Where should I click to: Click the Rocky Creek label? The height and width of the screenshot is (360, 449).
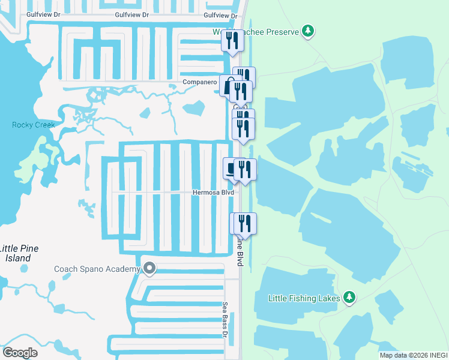point(34,125)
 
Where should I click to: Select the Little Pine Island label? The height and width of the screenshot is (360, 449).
point(16,253)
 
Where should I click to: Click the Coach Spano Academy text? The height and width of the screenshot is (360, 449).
point(97,269)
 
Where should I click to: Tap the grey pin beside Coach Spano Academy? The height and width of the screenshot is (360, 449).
point(149,269)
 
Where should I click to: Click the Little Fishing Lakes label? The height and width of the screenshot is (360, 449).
point(305,298)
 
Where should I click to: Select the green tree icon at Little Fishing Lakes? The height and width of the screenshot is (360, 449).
point(349,297)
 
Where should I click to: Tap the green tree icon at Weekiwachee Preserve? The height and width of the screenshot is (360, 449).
point(307,31)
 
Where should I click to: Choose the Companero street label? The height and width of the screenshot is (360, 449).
point(199,82)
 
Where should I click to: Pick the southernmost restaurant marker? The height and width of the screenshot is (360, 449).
point(244,224)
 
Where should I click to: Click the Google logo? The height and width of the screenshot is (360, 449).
point(20,352)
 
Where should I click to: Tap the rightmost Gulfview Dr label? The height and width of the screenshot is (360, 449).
point(220,15)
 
